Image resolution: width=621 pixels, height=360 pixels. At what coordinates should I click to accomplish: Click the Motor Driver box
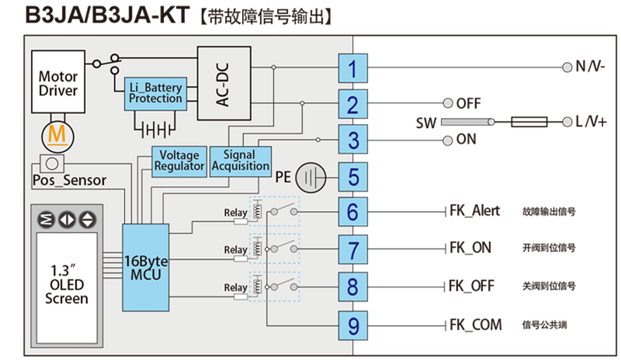(x=59, y=83)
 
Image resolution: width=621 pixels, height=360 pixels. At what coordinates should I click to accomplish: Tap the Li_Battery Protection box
(x=155, y=93)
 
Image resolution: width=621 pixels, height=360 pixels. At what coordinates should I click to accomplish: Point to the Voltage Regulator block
(x=180, y=160)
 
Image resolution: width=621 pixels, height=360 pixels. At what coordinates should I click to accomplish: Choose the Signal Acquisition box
(x=241, y=160)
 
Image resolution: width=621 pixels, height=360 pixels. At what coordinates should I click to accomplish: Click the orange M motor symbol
(x=56, y=135)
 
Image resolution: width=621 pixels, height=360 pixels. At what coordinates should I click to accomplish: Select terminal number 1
(x=353, y=68)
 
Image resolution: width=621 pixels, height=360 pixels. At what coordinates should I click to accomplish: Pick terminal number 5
(x=353, y=176)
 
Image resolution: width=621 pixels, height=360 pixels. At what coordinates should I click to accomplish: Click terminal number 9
(x=353, y=325)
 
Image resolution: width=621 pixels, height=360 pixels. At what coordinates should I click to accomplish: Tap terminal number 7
(x=353, y=250)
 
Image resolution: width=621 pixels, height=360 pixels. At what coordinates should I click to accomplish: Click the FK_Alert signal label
(x=474, y=211)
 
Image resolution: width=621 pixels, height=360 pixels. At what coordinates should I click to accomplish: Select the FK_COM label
(x=475, y=324)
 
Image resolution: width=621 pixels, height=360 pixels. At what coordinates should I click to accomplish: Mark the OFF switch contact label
(x=469, y=103)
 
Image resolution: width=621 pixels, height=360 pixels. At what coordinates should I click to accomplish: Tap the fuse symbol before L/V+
(x=529, y=122)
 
